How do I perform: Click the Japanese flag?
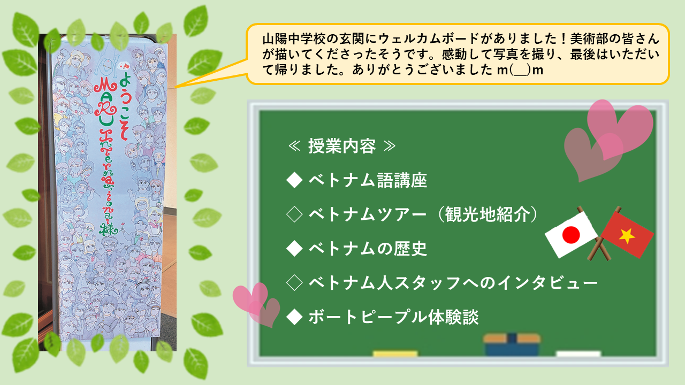[x=570, y=235]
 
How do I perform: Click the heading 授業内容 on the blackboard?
[x=342, y=146]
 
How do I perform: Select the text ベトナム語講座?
[x=368, y=180]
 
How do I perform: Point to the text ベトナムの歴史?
[x=368, y=249]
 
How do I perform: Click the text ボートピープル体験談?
[x=393, y=317]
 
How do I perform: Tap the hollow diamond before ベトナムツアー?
[x=294, y=214]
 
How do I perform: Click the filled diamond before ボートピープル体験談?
[x=294, y=317]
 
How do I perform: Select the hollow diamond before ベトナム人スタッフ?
[x=294, y=283]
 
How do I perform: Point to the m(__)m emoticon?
[x=520, y=70]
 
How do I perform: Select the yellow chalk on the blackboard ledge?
[x=395, y=353]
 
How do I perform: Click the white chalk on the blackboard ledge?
[x=579, y=353]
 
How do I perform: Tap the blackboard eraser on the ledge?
[x=512, y=345]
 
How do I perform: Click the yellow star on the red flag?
[x=627, y=236]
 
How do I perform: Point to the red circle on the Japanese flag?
[x=571, y=235]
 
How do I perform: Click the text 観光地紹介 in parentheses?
[x=488, y=214]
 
